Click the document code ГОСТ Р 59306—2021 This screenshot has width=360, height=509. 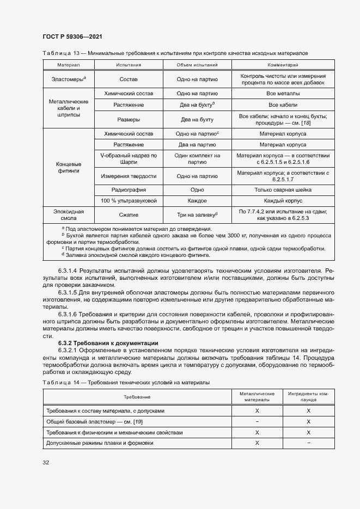[72, 36]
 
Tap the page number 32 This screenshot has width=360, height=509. [46, 462]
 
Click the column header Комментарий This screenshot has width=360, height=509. [283, 65]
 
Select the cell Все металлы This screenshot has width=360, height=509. [283, 94]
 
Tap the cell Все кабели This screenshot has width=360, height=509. [283, 105]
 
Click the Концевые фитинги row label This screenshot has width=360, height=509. [69, 167]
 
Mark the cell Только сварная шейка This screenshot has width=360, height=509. [283, 190]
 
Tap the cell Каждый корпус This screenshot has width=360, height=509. [283, 201]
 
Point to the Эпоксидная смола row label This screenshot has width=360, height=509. [69, 214]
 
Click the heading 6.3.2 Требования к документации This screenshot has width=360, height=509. [108, 343]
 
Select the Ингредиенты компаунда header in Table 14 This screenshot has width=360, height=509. [308, 396]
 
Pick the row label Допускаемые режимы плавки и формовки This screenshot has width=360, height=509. [100, 443]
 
